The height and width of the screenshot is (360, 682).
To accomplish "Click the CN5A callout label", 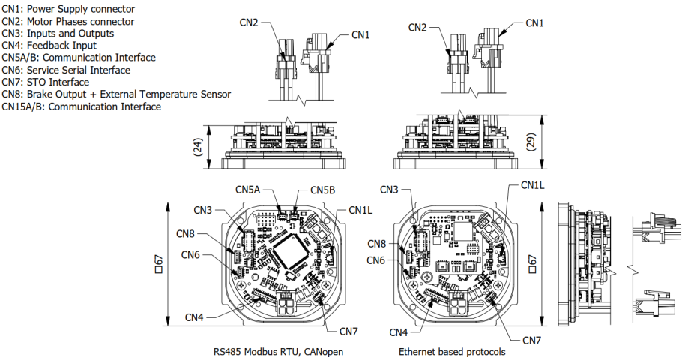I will tap(247, 190).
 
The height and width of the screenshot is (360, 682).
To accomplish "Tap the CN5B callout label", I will tap(322, 190).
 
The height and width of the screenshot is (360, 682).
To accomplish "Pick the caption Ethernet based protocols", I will tap(451, 351).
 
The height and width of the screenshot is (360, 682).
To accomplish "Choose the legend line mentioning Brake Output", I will tap(116, 94).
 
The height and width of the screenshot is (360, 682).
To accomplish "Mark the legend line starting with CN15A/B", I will tap(81, 106).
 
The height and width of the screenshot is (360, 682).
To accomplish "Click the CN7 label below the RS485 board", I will tap(348, 331).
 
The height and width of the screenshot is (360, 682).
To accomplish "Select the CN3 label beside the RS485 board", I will tap(203, 210).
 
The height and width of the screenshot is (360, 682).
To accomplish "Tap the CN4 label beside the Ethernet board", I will tap(399, 331).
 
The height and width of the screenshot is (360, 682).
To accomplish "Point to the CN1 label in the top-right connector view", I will tap(534, 23).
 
